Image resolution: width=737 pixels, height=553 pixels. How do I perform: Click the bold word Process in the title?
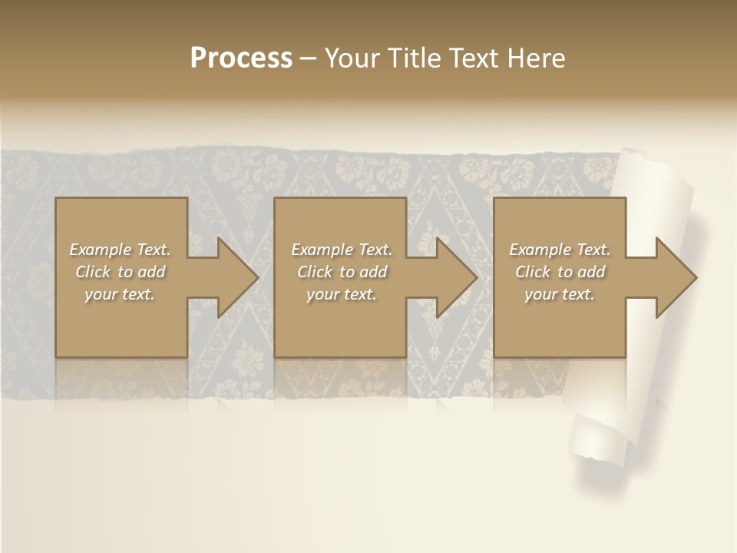241,58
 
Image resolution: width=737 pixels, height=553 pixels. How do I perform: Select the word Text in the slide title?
474,58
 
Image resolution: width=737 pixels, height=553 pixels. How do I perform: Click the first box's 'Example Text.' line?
120,250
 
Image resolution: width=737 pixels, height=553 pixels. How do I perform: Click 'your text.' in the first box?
120,294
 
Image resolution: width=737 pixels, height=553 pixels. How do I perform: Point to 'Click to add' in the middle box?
342,272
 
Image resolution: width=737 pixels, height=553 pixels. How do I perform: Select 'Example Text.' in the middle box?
342,250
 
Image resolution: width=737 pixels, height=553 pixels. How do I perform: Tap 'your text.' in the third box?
560,294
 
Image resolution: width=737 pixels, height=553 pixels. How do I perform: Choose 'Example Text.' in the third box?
560,250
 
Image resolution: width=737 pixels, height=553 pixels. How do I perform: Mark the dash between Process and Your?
309,58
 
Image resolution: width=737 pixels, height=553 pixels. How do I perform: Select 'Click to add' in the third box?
560,272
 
